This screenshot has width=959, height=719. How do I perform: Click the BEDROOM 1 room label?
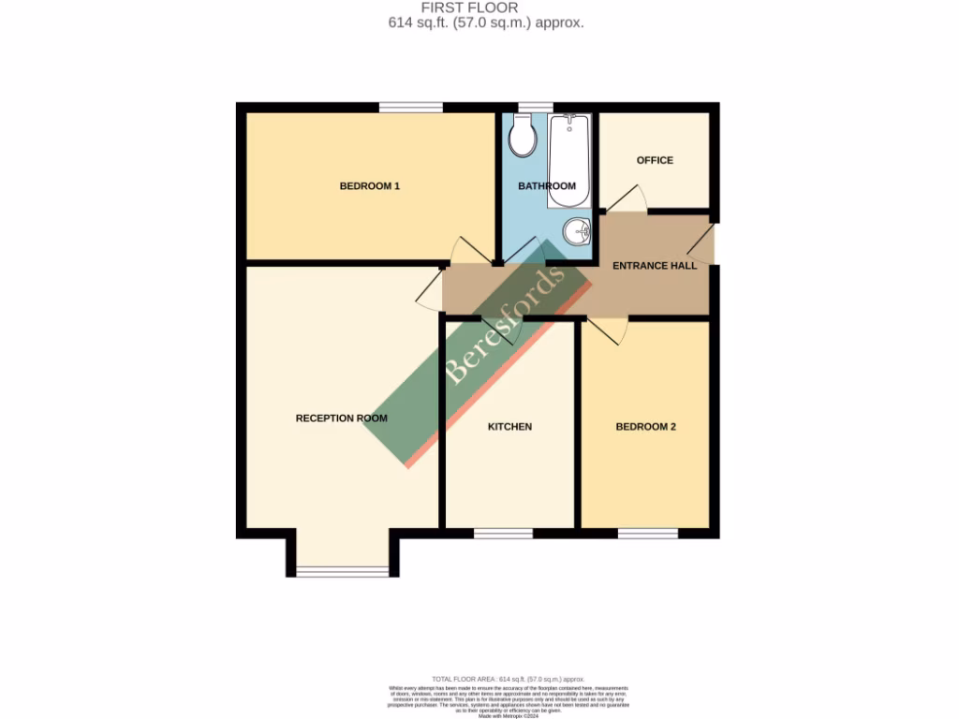pos(369,186)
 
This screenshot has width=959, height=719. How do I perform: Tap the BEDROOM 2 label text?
pos(645,427)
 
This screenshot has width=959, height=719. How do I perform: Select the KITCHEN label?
pos(509,427)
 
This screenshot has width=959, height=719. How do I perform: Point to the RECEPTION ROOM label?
pos(341,418)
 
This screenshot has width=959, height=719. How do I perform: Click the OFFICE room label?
pos(655,160)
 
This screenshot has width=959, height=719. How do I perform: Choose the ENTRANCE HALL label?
pos(655,266)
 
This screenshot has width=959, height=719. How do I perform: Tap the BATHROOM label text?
pos(547,186)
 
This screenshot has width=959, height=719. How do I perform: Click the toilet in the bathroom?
pos(523,137)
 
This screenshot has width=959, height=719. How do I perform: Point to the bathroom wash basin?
pos(576,230)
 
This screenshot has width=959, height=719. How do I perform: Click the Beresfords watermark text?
pos(505,326)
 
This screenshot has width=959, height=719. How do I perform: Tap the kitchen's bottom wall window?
pos(503,533)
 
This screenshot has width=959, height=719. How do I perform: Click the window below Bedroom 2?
pos(647,533)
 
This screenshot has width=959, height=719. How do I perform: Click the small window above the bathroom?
pos(535,108)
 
